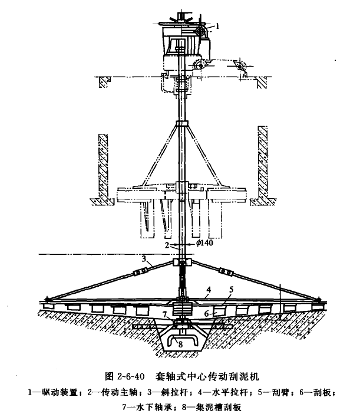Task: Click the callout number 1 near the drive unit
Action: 217,26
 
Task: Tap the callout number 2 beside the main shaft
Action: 167,245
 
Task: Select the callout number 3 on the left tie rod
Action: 144,259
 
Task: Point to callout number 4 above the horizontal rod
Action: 209,290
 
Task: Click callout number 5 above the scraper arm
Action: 232,289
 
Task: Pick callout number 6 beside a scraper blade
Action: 206,313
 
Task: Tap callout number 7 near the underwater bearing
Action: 165,314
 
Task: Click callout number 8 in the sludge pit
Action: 180,344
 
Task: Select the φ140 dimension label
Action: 204,242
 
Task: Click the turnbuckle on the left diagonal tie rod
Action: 141,273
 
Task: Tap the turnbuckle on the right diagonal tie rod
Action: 226,272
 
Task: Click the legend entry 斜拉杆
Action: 175,392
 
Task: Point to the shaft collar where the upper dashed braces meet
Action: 182,123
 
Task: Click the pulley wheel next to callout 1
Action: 199,32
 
